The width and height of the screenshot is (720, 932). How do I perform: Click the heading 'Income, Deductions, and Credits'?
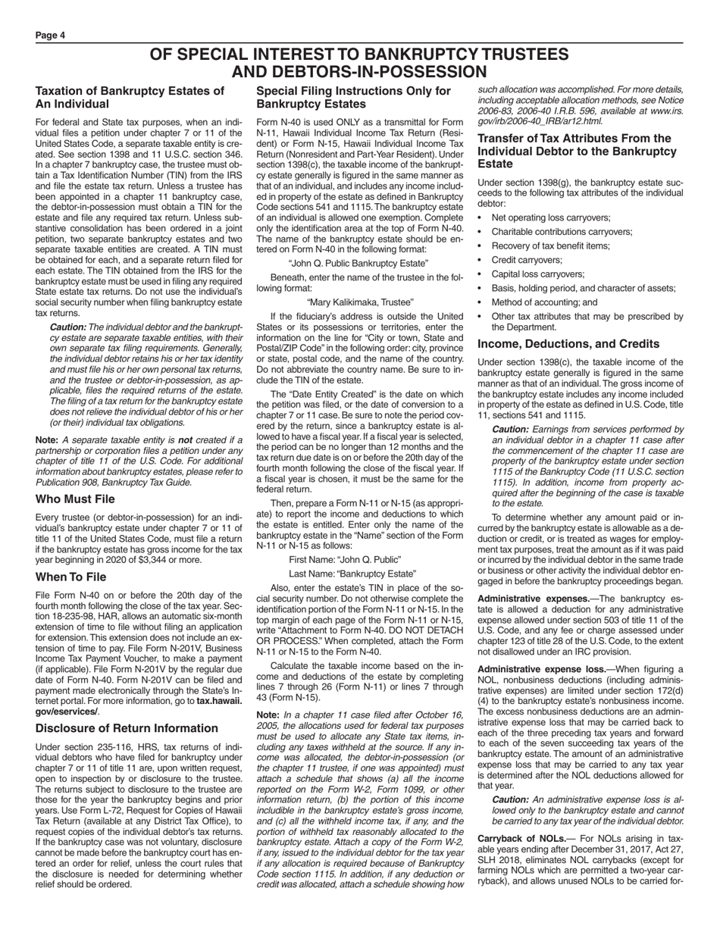568,343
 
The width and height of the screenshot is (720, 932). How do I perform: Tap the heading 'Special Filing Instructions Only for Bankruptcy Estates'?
353,97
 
